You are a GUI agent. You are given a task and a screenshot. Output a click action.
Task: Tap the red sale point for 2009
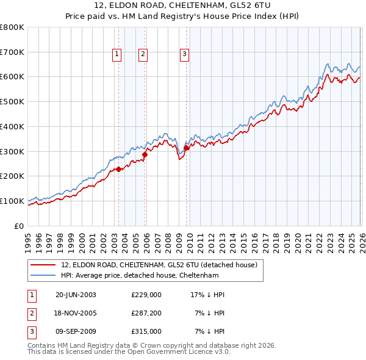point(186,147)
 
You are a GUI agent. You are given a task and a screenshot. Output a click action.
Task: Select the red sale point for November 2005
point(145,154)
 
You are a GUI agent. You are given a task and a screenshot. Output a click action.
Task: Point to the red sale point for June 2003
point(118,169)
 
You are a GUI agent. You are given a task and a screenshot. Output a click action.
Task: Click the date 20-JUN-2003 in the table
point(76,295)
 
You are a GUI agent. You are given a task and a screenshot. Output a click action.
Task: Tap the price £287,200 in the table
point(146,313)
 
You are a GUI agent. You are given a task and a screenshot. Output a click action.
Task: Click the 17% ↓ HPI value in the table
point(207,295)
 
